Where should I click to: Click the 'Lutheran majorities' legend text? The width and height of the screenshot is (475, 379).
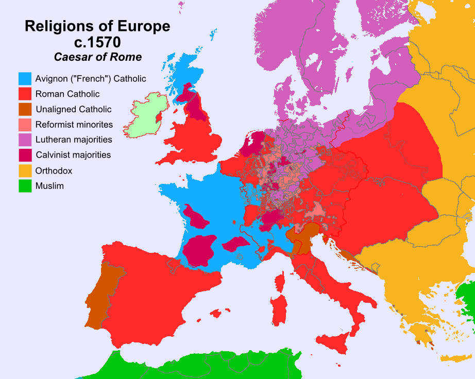click(x=74, y=140)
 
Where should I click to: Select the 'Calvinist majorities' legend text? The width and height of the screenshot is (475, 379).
click(x=73, y=155)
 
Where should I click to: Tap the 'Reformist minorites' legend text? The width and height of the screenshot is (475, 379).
click(x=74, y=125)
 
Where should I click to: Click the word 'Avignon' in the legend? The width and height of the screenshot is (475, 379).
click(x=51, y=79)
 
